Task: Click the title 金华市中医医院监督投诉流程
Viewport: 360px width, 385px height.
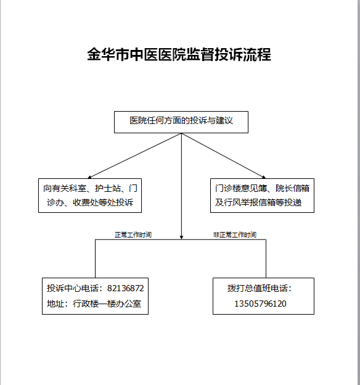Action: (x=179, y=54)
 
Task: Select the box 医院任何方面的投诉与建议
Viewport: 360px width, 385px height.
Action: (x=181, y=122)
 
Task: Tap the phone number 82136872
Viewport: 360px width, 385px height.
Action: (x=125, y=288)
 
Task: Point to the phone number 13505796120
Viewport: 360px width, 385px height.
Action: (x=260, y=304)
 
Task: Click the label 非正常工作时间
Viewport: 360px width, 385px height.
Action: (x=235, y=234)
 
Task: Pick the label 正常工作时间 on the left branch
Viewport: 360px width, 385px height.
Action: (x=133, y=234)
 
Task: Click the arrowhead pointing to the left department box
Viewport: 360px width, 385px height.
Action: (x=89, y=177)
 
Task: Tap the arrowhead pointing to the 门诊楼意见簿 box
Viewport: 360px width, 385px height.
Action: (x=264, y=177)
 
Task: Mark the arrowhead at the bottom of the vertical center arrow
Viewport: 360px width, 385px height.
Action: (x=181, y=238)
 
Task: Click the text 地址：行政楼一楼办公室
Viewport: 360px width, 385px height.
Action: (x=94, y=304)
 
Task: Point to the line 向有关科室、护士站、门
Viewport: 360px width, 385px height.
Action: (x=90, y=188)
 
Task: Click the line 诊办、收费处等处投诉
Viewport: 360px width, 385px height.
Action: (x=90, y=202)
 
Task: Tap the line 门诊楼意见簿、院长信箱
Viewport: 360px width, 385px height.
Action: (x=262, y=188)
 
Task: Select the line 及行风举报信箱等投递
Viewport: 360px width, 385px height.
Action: (x=258, y=202)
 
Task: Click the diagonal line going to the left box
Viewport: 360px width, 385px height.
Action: (x=136, y=155)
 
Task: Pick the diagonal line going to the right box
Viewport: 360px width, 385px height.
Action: (x=223, y=155)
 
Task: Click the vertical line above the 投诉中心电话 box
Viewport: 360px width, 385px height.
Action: (x=95, y=259)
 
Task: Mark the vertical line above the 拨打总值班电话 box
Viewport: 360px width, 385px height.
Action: (x=266, y=259)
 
